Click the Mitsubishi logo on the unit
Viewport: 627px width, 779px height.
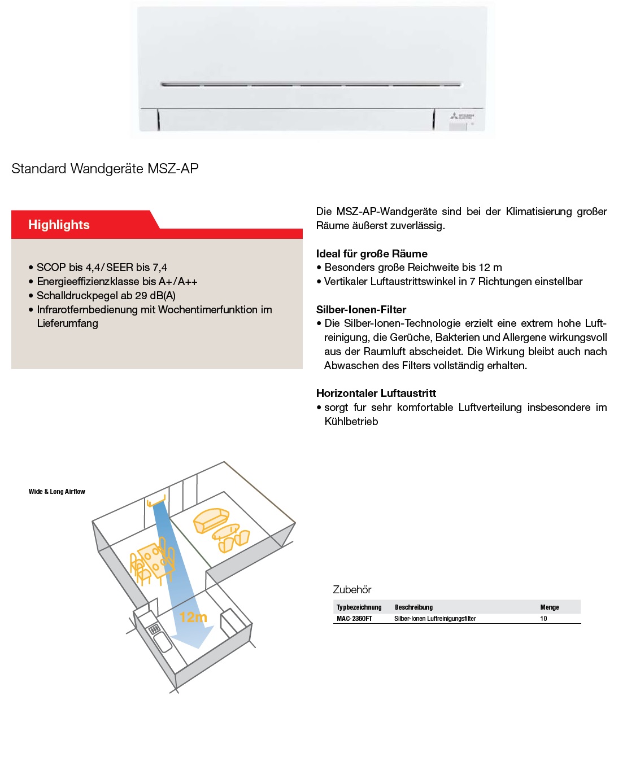coord(462,116)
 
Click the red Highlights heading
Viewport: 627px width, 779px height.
coord(59,225)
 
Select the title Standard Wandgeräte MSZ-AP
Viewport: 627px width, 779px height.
coord(105,169)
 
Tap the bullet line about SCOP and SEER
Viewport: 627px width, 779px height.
coord(102,268)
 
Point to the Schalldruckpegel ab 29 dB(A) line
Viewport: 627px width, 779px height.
coord(106,296)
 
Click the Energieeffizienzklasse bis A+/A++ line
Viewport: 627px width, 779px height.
coord(117,282)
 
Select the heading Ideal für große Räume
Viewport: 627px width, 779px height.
coord(372,254)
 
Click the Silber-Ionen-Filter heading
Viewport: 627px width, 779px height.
coord(361,310)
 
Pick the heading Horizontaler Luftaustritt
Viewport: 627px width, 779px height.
coord(376,393)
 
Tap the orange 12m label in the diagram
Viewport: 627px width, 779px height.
coord(193,618)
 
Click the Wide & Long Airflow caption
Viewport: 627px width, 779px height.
coord(57,492)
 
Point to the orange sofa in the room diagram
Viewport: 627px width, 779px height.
coord(211,519)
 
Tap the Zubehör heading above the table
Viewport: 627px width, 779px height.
coord(352,590)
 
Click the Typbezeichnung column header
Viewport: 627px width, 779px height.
coord(359,607)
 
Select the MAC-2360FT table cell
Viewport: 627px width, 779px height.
coord(354,619)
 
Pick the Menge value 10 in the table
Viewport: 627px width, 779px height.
coord(543,619)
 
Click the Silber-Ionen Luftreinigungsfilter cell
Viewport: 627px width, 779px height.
coord(435,619)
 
